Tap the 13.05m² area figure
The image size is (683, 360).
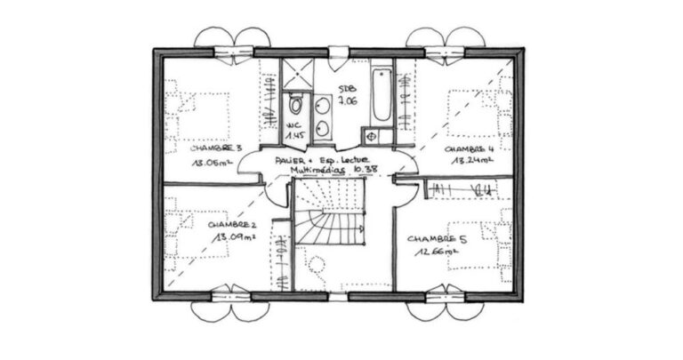tap(212, 164)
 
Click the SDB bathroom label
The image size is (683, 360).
tap(347, 89)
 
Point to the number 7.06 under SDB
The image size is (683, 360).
tap(347, 101)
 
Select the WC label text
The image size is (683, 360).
tap(294, 125)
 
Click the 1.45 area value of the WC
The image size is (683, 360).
tap(294, 137)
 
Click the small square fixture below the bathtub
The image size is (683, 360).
tap(369, 136)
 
